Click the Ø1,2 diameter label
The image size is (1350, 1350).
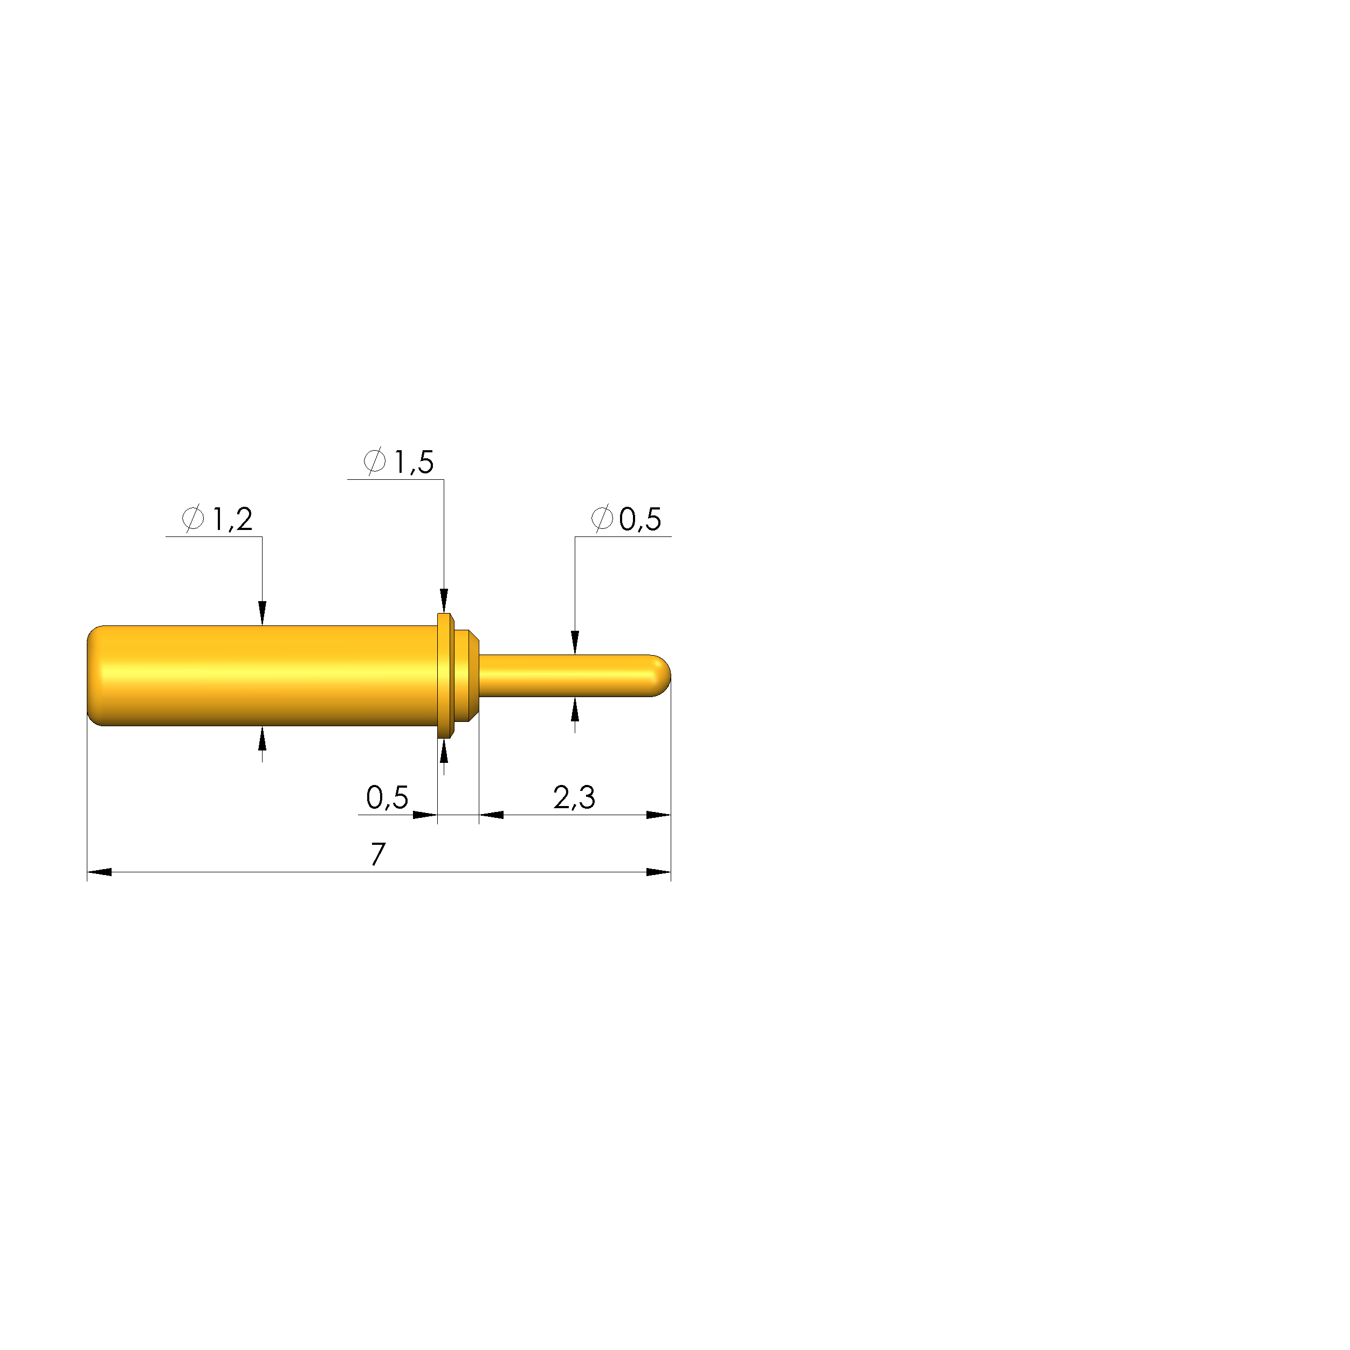(x=217, y=519)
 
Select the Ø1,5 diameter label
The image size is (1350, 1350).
(x=399, y=462)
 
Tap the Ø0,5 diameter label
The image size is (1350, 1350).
(x=626, y=519)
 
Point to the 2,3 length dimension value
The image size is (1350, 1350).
(x=574, y=797)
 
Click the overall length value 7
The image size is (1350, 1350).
(x=378, y=854)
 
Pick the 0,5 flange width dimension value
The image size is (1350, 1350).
(x=387, y=797)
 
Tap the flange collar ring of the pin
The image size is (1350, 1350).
(x=444, y=676)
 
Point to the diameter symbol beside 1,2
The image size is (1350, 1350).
(x=193, y=519)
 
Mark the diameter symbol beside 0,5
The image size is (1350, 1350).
(x=602, y=519)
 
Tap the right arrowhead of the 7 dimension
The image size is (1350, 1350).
(x=659, y=872)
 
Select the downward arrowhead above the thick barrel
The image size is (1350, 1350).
(x=262, y=614)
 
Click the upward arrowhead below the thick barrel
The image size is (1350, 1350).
(x=262, y=739)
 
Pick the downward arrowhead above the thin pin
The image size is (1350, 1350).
(x=575, y=642)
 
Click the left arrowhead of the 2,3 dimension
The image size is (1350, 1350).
(x=491, y=815)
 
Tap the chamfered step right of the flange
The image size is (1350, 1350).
(x=467, y=676)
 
